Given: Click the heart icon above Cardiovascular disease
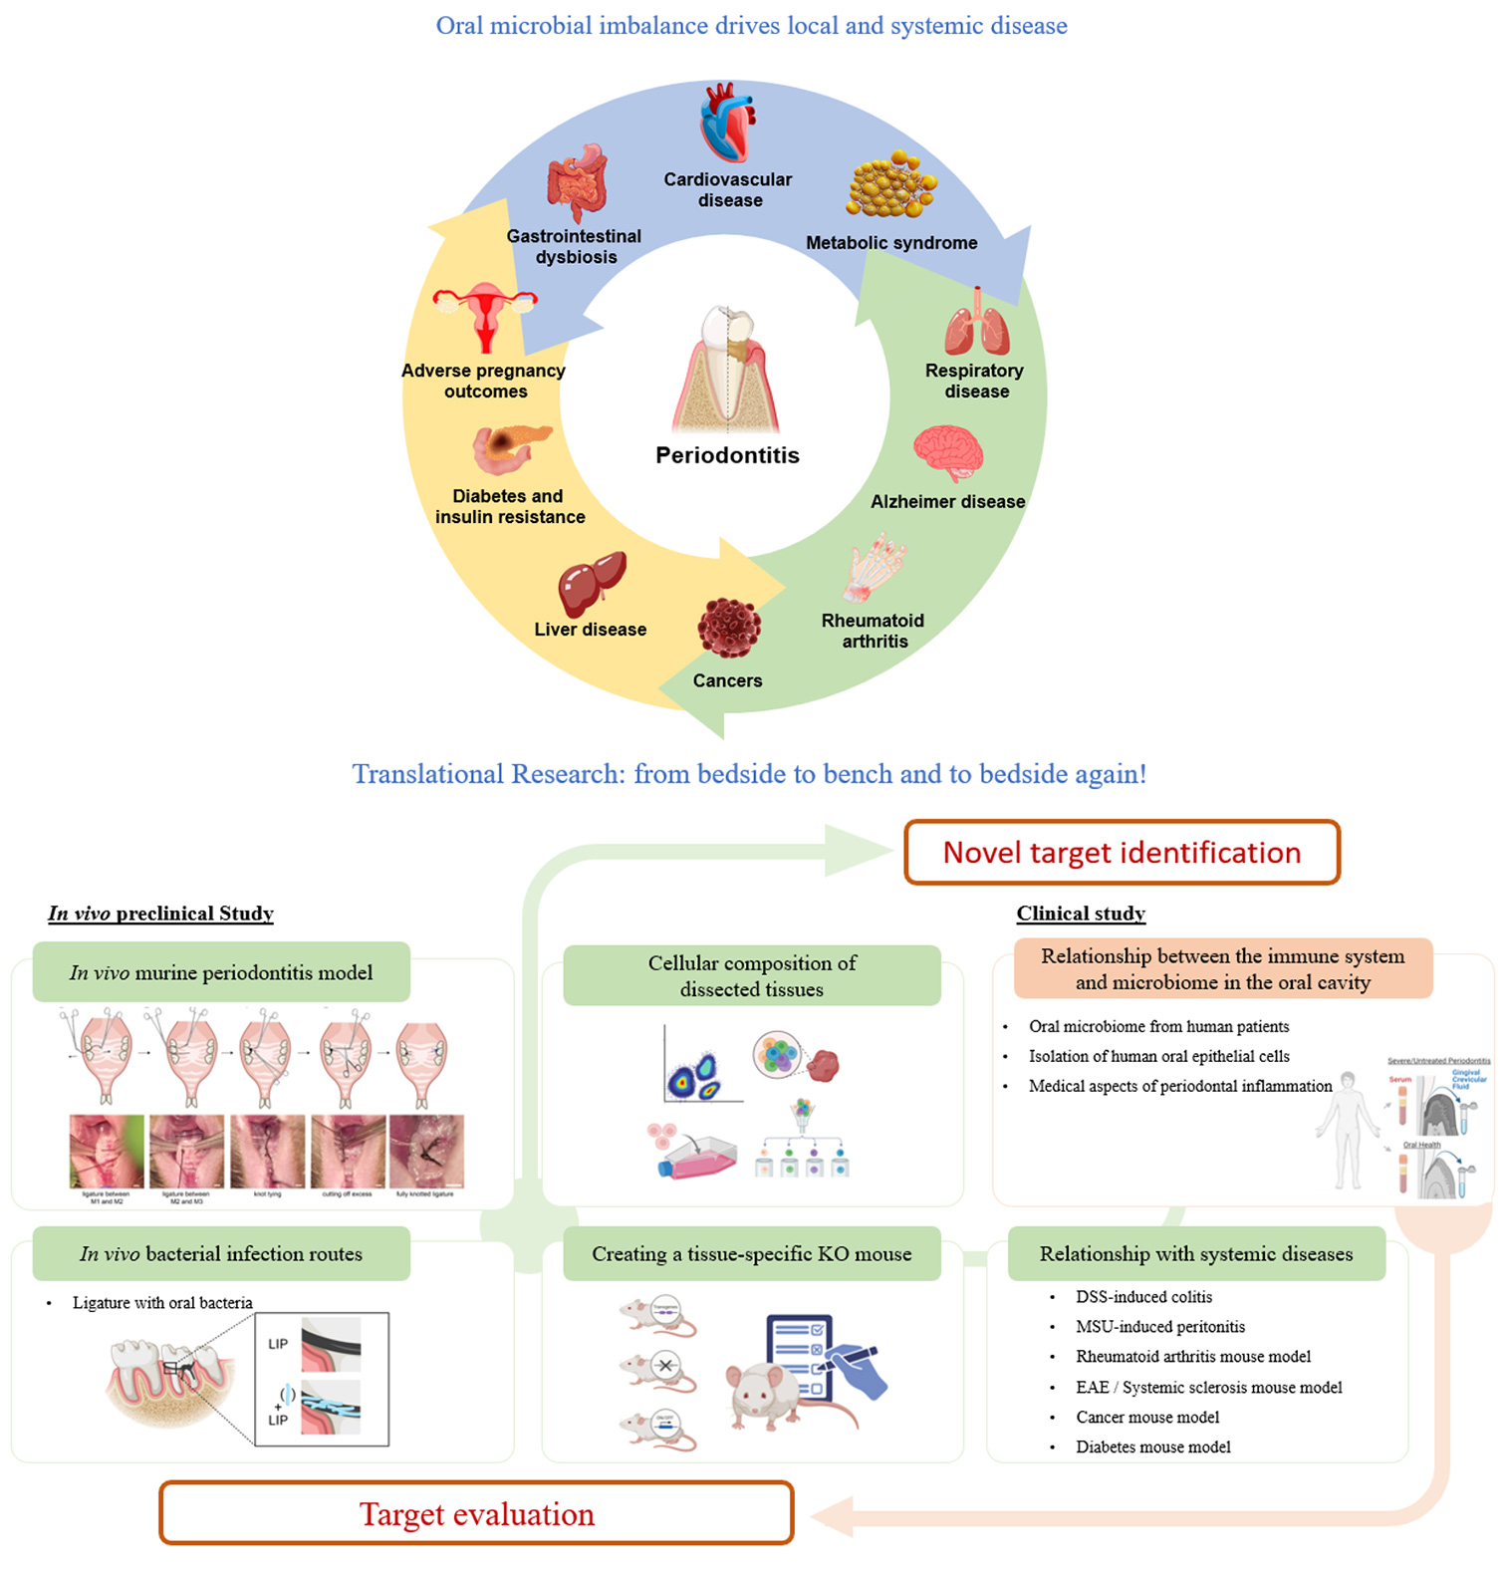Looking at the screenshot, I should (x=727, y=125).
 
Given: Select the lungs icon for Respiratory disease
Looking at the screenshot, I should (x=977, y=324).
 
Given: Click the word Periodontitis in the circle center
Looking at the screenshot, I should (x=727, y=455).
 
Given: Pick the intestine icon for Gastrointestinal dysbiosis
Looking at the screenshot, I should (x=577, y=182).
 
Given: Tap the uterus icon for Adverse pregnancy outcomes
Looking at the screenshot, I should (x=485, y=316).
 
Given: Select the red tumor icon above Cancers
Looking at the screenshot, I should (x=729, y=628).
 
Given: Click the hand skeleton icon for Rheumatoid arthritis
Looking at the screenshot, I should (x=874, y=569).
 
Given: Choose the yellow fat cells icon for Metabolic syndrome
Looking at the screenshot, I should (x=890, y=185).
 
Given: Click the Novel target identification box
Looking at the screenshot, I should (x=1122, y=853).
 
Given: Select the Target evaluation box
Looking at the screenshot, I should (x=476, y=1514).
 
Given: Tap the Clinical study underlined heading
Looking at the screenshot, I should (x=1081, y=914).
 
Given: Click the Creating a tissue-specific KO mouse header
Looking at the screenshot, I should (x=751, y=1254).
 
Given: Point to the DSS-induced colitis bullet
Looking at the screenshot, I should (x=1143, y=1297).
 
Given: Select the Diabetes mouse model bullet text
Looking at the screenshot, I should (x=1152, y=1446).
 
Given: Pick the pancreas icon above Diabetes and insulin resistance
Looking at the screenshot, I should (x=510, y=448).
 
